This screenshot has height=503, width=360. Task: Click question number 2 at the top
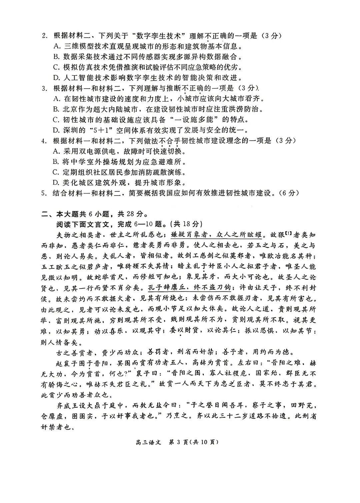pos(44,36)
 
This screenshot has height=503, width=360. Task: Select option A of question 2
pos(56,46)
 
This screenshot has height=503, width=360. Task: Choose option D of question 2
pos(56,78)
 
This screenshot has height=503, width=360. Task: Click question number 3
pos(44,89)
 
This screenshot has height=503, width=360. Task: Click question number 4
pos(44,141)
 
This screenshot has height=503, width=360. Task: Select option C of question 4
pos(56,173)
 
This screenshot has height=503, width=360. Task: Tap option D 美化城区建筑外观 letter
pos(56,183)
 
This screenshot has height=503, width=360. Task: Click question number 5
pos(44,193)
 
